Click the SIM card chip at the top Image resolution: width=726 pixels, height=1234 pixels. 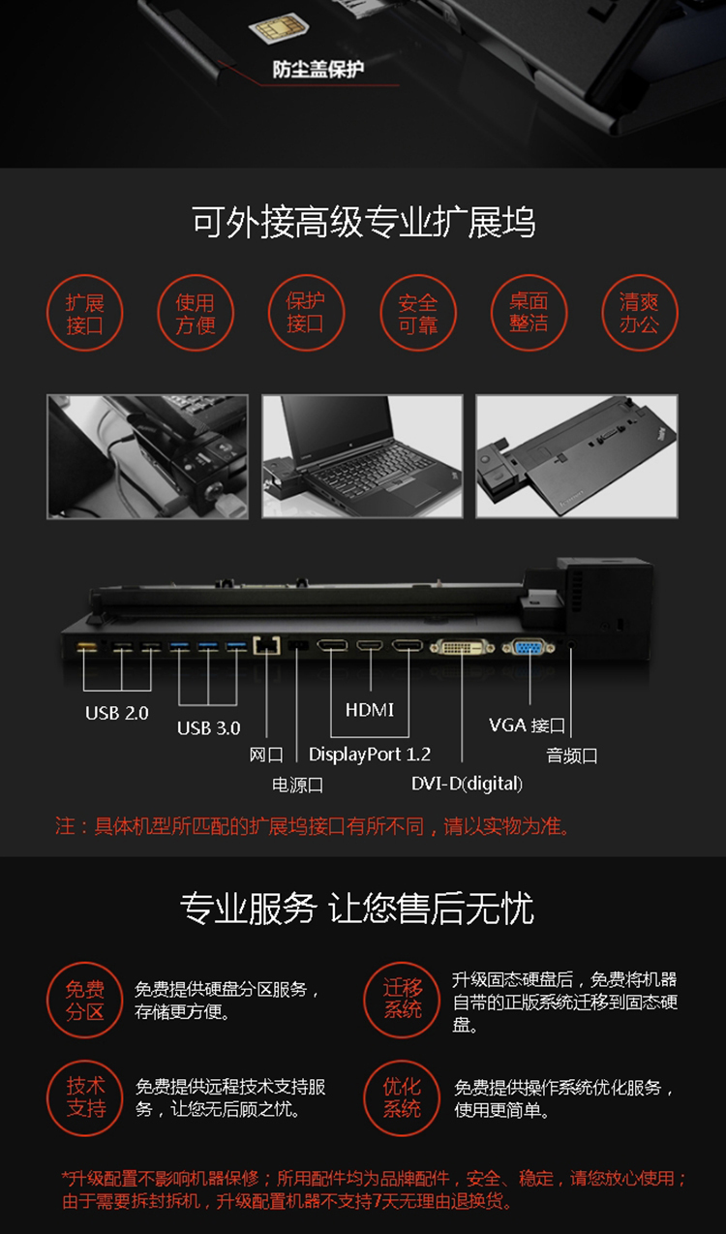[279, 28]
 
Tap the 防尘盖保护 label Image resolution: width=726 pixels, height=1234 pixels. [318, 70]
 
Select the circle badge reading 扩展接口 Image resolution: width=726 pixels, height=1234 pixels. [85, 313]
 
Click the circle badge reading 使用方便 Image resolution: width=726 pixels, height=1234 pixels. [196, 313]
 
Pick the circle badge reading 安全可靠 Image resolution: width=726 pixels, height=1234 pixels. [418, 313]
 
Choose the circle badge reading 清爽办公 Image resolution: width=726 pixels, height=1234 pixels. [640, 313]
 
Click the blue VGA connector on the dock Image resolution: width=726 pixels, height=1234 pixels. [529, 647]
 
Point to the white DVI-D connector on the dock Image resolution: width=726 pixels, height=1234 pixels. [462, 647]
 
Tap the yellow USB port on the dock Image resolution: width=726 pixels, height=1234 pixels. [86, 647]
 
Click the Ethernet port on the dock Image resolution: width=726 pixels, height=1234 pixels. [266, 645]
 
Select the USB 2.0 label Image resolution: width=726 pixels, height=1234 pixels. [117, 713]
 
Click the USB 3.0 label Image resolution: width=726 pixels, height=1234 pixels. [209, 728]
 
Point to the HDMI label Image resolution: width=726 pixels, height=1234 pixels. [370, 710]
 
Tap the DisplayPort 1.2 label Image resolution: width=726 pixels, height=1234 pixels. [370, 755]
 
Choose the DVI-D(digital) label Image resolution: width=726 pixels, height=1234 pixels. [467, 784]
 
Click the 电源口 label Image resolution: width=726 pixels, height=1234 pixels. [297, 785]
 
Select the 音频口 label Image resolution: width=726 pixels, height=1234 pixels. [572, 756]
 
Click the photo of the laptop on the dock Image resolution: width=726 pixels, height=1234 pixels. [362, 456]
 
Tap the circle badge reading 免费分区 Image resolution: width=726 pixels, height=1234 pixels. [85, 1000]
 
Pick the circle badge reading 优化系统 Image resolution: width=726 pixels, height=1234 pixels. [402, 1098]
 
